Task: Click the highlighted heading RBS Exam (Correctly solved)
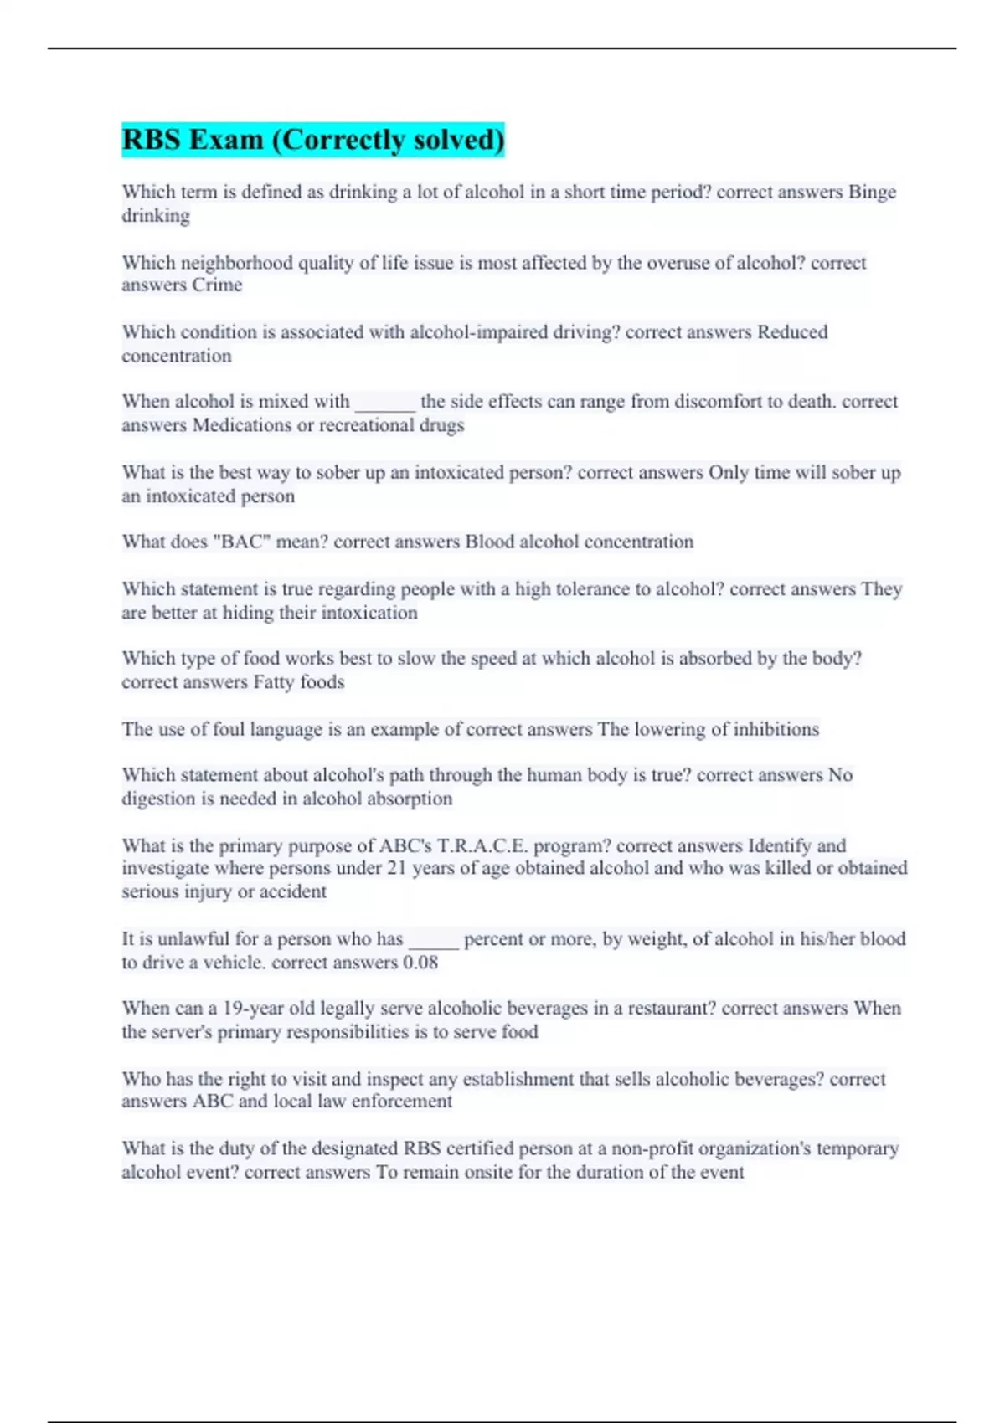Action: (x=313, y=139)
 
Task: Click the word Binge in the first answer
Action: (x=872, y=192)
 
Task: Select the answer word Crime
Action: (x=217, y=285)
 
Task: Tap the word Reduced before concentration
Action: (x=792, y=332)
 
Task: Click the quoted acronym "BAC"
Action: (x=242, y=542)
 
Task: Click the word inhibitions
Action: (x=776, y=729)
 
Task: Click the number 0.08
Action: (x=420, y=963)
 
